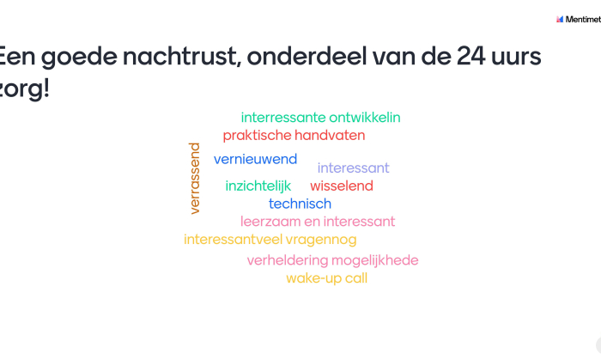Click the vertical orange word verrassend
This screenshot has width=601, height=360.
click(x=195, y=178)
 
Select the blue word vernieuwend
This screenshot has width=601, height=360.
click(x=255, y=159)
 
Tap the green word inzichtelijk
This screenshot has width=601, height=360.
click(x=258, y=186)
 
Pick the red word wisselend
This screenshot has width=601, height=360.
click(x=342, y=186)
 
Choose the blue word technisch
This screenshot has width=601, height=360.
click(x=300, y=204)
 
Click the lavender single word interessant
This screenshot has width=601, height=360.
click(x=353, y=168)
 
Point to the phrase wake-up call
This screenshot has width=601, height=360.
click(x=326, y=278)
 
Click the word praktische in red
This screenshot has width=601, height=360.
click(x=258, y=136)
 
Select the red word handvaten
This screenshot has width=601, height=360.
click(x=330, y=136)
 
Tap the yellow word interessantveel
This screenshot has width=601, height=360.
click(x=234, y=240)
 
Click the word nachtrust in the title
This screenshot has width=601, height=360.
click(x=182, y=57)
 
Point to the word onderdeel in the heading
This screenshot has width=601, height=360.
click(x=307, y=56)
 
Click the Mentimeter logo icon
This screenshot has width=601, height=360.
click(x=560, y=19)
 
